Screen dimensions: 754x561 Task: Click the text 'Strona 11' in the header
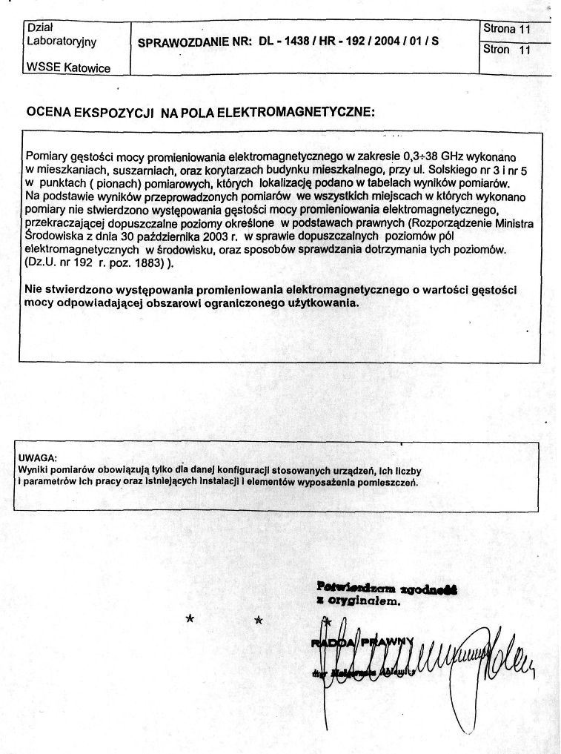(x=507, y=29)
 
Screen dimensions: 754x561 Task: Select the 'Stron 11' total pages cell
(x=507, y=50)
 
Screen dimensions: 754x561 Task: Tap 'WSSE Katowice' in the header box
(x=68, y=68)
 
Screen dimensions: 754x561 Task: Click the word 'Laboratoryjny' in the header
(x=62, y=42)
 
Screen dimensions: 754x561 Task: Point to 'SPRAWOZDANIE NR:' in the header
(x=196, y=42)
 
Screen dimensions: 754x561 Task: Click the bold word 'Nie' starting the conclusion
(x=34, y=288)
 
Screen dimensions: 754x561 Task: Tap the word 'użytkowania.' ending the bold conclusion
(x=322, y=302)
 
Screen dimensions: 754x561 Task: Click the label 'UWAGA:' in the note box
(x=37, y=457)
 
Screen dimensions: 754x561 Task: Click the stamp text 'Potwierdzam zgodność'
(x=386, y=589)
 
